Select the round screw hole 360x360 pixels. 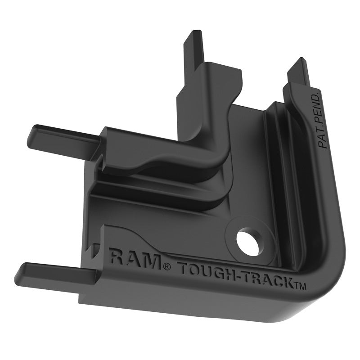247,243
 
